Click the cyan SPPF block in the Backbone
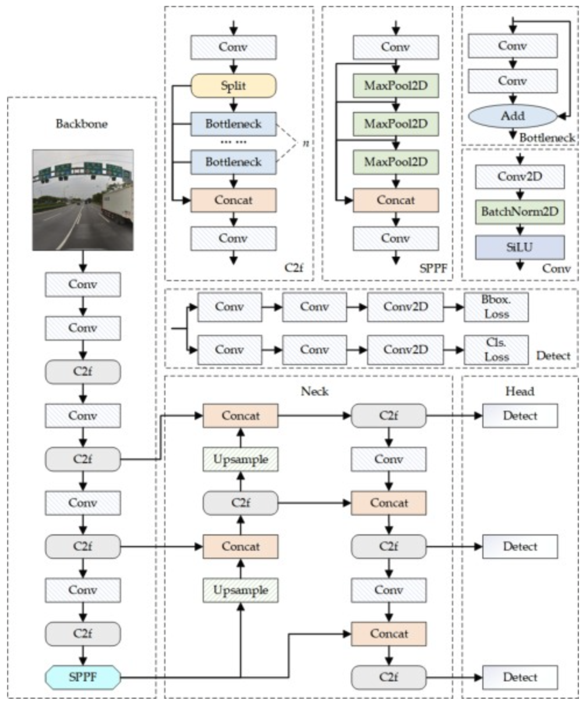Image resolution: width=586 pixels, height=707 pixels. tap(83, 677)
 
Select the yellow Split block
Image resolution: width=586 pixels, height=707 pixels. tap(233, 86)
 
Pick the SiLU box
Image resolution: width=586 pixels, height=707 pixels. tap(520, 247)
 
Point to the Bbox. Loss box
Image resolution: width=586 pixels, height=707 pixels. tap(496, 307)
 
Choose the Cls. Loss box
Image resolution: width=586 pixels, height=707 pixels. tap(496, 349)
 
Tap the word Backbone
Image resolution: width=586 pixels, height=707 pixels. tap(81, 124)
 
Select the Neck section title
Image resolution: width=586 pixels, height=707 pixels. tap(315, 391)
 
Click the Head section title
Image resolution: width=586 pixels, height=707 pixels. tap(520, 391)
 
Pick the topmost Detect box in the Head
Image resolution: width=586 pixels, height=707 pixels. tap(520, 416)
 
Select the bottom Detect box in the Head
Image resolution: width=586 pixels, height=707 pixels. tap(520, 677)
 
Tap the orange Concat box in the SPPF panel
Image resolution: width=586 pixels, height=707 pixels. tap(396, 200)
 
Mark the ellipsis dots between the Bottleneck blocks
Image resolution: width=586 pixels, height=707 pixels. tap(233, 142)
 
